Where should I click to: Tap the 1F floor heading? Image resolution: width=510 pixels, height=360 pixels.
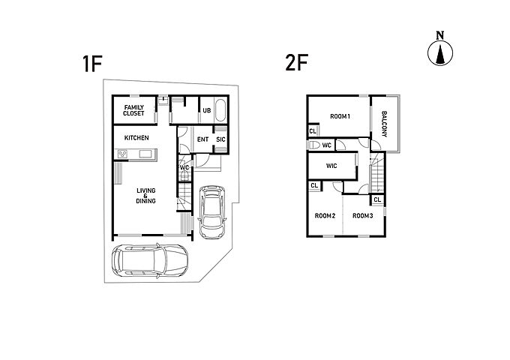coord(93,64)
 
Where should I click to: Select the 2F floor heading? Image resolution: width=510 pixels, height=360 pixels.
coord(296,62)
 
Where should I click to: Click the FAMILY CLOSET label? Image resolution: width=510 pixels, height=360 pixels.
coord(133,110)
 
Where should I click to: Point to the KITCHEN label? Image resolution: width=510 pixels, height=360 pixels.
coord(136,138)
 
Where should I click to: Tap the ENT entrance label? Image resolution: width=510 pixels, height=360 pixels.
coord(203,139)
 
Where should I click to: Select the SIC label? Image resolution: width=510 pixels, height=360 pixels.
coord(220,139)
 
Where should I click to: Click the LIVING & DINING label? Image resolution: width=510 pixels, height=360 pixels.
coord(145,196)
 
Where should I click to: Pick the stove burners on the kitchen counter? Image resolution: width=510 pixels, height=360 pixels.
coord(122,154)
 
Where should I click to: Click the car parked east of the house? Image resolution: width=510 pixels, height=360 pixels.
coord(212,211)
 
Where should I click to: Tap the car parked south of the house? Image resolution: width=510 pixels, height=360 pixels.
coord(149,260)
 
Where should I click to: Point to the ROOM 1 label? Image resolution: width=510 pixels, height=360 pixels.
coord(340,116)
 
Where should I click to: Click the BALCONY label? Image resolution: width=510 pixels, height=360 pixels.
coord(384,124)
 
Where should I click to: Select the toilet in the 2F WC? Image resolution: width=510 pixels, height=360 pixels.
coord(313,145)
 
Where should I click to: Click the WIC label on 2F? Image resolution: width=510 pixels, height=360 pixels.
coord(331,166)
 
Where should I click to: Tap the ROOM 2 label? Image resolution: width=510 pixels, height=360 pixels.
coord(325,215)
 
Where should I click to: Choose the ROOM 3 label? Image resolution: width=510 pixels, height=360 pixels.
coord(363,215)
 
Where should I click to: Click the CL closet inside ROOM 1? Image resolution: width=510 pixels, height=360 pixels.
coord(313,131)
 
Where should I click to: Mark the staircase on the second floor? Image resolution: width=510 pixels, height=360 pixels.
coord(376,173)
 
